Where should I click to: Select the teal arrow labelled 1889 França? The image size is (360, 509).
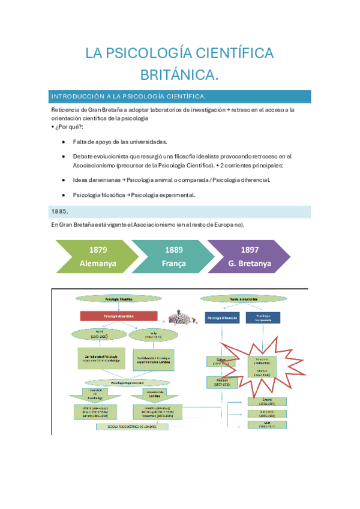(x=173, y=256)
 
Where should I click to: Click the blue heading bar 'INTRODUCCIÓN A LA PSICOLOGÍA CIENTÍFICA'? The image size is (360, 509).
(x=181, y=96)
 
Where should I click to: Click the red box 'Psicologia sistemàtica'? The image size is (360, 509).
(x=119, y=315)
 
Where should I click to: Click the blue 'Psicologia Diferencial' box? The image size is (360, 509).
(x=222, y=318)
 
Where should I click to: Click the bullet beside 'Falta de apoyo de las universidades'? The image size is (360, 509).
(x=64, y=142)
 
